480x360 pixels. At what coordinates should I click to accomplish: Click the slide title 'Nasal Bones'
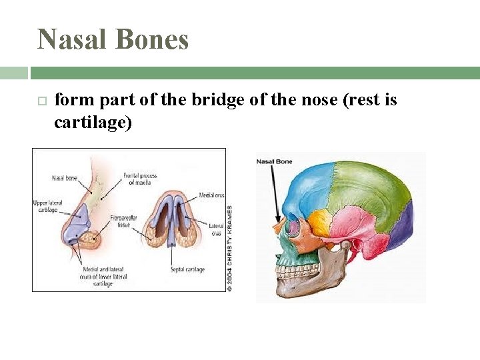point(113,39)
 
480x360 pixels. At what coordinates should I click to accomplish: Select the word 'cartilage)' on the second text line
point(93,122)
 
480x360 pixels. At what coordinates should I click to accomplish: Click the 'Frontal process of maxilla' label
point(140,179)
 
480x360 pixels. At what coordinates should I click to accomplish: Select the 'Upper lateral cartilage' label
point(45,206)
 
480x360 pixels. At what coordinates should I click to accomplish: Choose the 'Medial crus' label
point(211,195)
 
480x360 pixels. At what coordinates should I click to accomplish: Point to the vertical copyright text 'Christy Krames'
point(229,247)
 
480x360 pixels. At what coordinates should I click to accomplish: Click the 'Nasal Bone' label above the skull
point(275,161)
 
